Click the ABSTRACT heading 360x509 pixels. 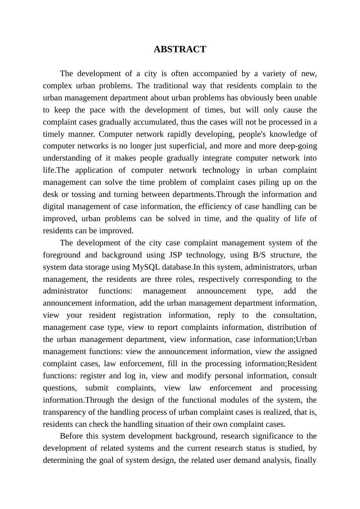point(180,50)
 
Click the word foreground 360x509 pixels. point(61,255)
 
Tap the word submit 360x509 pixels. point(97,388)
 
